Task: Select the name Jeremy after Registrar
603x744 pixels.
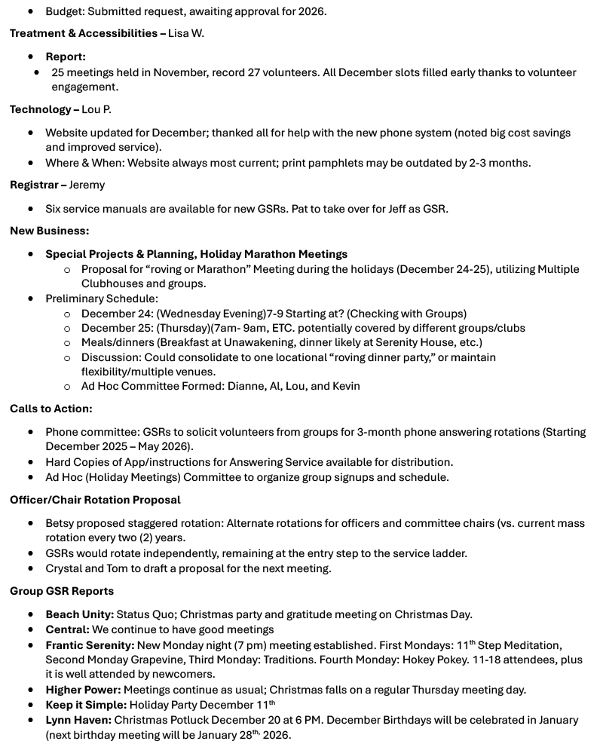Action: pyautogui.click(x=87, y=185)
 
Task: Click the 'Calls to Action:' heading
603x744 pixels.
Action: pyautogui.click(x=51, y=409)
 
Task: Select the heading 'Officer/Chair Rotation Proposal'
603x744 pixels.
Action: pyautogui.click(x=95, y=500)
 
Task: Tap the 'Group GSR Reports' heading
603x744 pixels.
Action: pyautogui.click(x=62, y=591)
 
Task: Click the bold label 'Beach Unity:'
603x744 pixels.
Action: pyautogui.click(x=80, y=614)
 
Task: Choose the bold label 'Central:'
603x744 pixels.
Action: pyautogui.click(x=67, y=629)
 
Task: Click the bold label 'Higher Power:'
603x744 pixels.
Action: pyautogui.click(x=83, y=690)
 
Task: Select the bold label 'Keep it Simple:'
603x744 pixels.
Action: pyautogui.click(x=86, y=705)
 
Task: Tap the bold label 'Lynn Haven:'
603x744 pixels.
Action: pyautogui.click(x=78, y=720)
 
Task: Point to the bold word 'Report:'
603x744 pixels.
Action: pyautogui.click(x=66, y=57)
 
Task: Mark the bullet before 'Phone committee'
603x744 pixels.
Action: pyautogui.click(x=31, y=432)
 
